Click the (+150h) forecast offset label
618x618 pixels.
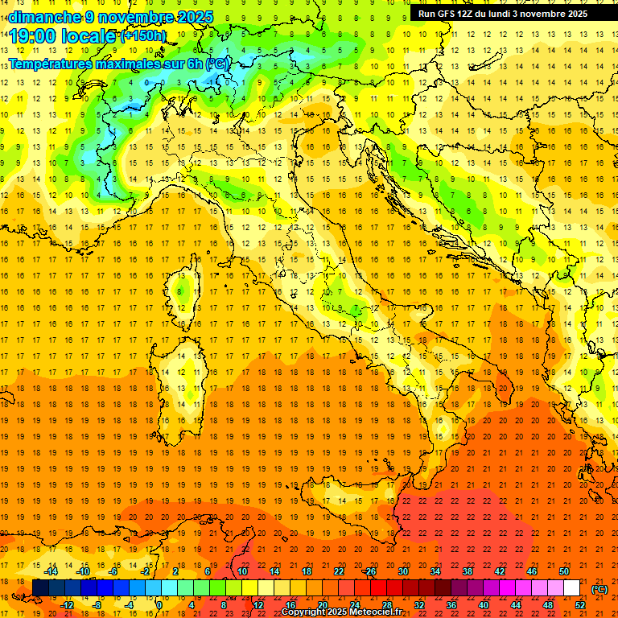[x=143, y=36]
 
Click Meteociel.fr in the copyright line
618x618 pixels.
[x=374, y=612]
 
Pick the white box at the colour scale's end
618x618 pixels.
[x=572, y=588]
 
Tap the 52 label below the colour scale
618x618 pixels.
[x=580, y=605]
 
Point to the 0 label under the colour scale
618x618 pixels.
[x=159, y=605]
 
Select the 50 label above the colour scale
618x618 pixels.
[x=564, y=571]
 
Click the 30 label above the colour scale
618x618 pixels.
[x=403, y=571]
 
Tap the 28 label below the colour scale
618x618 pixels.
[x=387, y=605]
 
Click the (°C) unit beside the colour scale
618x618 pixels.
[x=599, y=589]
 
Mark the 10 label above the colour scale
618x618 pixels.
[x=242, y=571]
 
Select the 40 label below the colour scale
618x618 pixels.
[x=484, y=605]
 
